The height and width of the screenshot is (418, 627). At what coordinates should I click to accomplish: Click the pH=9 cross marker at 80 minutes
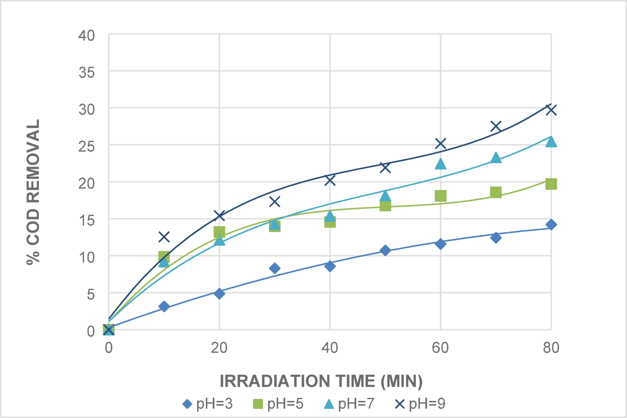[x=551, y=110]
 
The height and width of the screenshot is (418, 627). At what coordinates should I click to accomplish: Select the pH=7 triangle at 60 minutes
[x=440, y=164]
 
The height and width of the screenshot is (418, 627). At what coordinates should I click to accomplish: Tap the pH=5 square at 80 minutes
[x=551, y=184]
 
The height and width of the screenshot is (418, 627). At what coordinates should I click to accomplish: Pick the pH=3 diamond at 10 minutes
[x=164, y=306]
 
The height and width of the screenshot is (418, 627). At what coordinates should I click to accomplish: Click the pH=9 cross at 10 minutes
[x=164, y=236]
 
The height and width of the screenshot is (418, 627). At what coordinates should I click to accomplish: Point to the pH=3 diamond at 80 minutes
[x=551, y=225]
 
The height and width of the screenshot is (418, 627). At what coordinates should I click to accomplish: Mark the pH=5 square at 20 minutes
[x=219, y=232]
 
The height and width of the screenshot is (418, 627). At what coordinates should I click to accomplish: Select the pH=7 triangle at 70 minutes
[x=496, y=158]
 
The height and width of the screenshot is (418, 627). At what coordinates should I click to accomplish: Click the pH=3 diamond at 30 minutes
[x=275, y=268]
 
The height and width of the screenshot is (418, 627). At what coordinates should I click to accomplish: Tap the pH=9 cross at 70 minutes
[x=496, y=126]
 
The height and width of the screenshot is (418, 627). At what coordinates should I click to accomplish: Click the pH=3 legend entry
[x=208, y=404]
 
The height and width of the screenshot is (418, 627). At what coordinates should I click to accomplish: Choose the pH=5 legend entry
[x=278, y=404]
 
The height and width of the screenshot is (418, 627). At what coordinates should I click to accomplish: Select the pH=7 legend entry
[x=349, y=404]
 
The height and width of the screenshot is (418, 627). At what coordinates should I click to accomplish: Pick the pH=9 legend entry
[x=420, y=404]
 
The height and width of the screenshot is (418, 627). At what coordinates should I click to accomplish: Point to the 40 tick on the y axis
[x=86, y=36]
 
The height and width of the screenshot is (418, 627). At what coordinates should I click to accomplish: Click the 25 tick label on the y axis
[x=86, y=146]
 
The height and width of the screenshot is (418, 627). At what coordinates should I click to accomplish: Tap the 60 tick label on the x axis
[x=440, y=348]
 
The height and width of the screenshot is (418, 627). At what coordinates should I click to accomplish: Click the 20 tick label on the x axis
[x=219, y=348]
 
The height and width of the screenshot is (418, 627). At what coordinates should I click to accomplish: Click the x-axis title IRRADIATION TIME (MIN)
[x=321, y=381]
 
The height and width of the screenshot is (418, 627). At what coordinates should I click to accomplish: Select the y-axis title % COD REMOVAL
[x=33, y=192]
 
